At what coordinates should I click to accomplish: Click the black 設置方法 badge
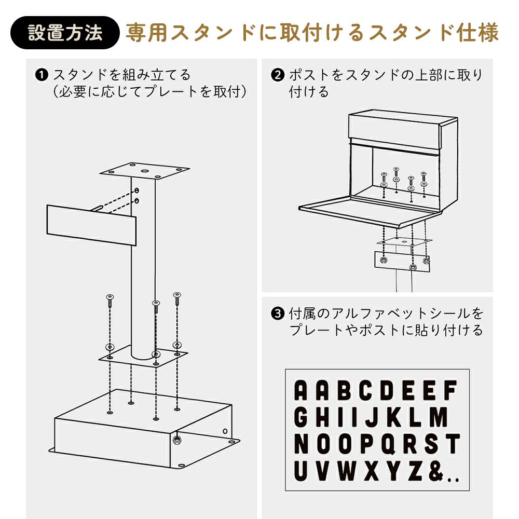(65, 33)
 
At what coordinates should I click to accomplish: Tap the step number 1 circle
(42, 75)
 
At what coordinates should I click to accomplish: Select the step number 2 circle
(277, 75)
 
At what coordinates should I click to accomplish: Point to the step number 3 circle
(277, 313)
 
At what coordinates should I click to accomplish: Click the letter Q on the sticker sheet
(389, 444)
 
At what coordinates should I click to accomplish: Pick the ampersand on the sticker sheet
(435, 471)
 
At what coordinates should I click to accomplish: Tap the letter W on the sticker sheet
(347, 471)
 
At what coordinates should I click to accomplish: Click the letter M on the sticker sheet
(438, 417)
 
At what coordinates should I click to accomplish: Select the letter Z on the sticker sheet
(415, 471)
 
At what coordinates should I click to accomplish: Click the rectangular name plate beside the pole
(91, 225)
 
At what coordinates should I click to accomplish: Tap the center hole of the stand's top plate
(145, 171)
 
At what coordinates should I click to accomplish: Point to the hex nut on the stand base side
(176, 440)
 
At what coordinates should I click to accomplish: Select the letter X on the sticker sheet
(372, 471)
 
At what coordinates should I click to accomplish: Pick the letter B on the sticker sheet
(344, 390)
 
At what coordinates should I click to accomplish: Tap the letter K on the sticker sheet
(395, 417)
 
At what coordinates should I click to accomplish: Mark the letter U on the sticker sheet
(301, 471)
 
